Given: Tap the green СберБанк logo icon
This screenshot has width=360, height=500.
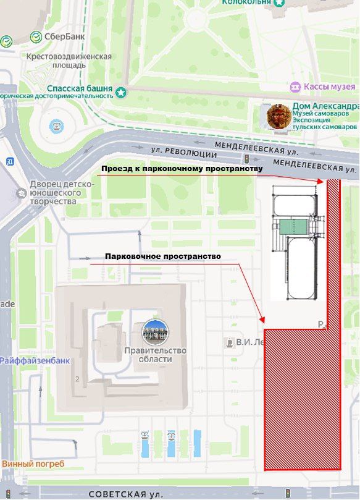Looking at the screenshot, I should click(36, 36).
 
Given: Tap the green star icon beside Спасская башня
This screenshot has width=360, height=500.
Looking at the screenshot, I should click(122, 93).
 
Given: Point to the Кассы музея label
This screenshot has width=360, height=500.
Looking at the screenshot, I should click(332, 87).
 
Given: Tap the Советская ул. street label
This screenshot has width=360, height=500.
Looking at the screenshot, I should click(126, 494).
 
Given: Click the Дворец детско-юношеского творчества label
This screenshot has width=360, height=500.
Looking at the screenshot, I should click(62, 192).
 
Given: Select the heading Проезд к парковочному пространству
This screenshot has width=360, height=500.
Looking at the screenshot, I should click(182, 169).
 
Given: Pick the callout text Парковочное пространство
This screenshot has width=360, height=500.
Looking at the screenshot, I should click(162, 256).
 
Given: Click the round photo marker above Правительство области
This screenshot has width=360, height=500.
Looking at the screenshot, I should click(154, 333).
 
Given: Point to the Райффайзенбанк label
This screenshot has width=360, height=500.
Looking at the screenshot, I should click(35, 360).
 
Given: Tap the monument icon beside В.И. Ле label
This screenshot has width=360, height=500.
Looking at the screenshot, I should click(230, 342).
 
